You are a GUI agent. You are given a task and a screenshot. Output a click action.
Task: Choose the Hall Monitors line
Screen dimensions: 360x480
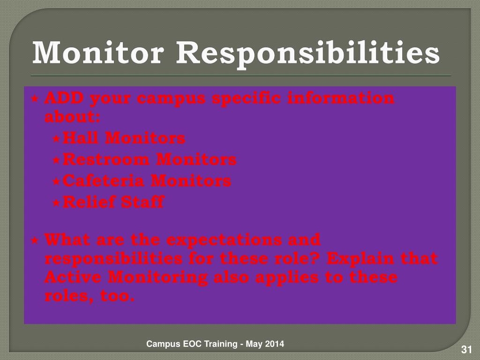point(124,138)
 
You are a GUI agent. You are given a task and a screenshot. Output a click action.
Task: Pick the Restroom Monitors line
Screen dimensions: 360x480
point(150,160)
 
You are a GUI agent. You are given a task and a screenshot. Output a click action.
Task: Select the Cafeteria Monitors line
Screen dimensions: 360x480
point(147,181)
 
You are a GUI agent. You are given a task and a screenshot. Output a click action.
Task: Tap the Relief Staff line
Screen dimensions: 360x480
point(113,202)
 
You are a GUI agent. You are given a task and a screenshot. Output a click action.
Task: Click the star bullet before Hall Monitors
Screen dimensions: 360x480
point(56,139)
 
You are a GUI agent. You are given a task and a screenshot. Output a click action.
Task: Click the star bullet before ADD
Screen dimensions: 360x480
point(35,99)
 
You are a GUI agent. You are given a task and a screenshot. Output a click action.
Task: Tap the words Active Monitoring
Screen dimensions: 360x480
point(126,277)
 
